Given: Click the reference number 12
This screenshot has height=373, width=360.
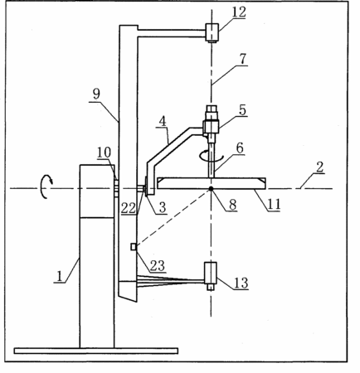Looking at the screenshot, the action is [239, 12].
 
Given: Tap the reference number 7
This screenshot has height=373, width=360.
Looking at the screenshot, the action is [243, 59].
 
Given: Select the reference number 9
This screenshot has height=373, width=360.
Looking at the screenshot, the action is [96, 94].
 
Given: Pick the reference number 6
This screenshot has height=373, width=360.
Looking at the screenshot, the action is [240, 148].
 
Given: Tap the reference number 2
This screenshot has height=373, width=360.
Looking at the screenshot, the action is [319, 167].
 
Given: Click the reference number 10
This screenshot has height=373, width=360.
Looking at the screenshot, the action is [105, 153].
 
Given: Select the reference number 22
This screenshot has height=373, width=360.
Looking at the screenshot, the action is [129, 208].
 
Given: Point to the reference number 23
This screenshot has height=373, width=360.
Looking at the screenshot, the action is [158, 266].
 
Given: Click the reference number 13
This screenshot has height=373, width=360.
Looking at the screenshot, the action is [241, 283].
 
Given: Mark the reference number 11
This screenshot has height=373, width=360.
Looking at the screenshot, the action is [274, 205].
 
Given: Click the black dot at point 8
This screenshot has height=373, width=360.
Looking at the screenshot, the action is [212, 188].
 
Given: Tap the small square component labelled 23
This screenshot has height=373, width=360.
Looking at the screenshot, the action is [134, 247].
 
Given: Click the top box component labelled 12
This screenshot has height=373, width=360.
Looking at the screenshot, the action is [212, 32].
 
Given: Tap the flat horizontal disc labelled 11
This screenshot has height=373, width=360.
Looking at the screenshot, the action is [212, 183].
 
